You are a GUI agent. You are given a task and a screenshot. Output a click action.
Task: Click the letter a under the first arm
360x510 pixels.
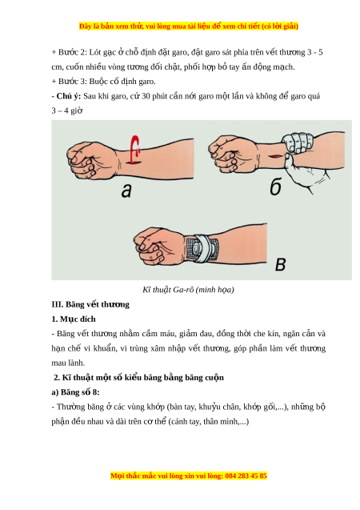[126, 191]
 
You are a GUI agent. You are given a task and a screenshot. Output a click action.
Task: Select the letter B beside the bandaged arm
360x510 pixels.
[280, 264]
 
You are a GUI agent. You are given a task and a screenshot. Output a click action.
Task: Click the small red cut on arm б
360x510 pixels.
[274, 156]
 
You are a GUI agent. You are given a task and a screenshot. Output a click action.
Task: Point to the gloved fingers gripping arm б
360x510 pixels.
[298, 141]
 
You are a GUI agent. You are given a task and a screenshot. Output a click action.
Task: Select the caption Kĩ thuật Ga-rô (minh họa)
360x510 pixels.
[188, 290]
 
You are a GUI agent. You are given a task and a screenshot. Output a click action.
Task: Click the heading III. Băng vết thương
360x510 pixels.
[90, 304]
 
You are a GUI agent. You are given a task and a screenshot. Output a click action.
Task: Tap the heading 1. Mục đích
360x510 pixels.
[74, 319]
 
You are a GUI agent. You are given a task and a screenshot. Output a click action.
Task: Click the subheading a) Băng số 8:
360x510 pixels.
[75, 392]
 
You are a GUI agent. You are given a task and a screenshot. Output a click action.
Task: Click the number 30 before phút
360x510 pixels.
[146, 96]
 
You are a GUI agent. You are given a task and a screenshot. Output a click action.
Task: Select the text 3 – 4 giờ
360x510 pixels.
[67, 111]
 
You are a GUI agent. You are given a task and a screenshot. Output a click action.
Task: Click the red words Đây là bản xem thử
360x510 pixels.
[110, 26]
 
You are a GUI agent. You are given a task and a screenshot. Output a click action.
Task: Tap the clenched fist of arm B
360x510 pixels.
[156, 245]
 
